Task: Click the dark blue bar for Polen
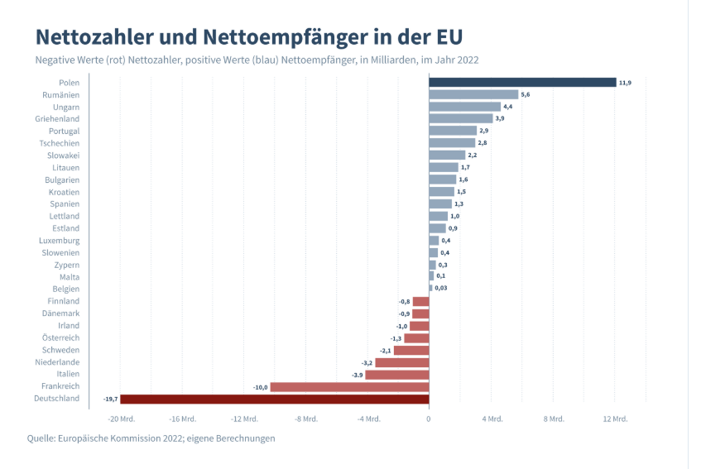click(x=522, y=82)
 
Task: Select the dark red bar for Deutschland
click(x=275, y=399)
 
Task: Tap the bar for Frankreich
click(x=349, y=386)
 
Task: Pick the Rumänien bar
click(x=473, y=94)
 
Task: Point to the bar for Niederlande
click(x=401, y=362)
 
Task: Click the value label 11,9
click(x=626, y=83)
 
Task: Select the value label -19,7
click(x=110, y=399)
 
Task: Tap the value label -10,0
click(x=260, y=387)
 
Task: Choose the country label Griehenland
click(x=58, y=118)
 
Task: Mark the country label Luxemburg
click(x=60, y=240)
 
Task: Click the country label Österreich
click(x=60, y=337)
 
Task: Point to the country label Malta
click(x=70, y=277)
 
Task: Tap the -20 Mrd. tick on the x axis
click(x=120, y=419)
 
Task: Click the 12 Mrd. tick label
click(x=614, y=419)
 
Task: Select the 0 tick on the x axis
click(x=429, y=419)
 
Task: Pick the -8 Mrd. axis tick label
click(x=305, y=419)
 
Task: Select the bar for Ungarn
click(x=464, y=107)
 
